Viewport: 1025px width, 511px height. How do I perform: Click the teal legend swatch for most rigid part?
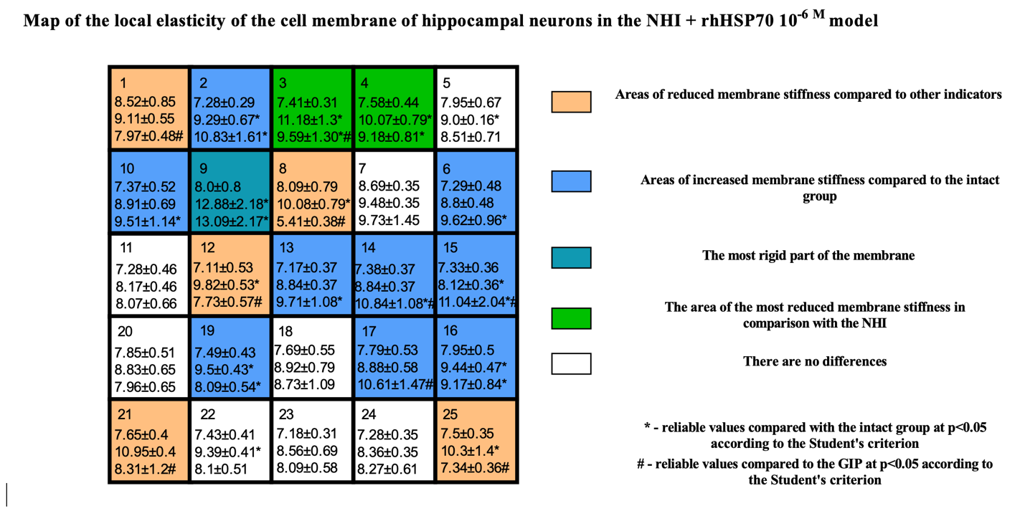point(571,258)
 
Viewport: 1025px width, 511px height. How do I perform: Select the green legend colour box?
point(571,319)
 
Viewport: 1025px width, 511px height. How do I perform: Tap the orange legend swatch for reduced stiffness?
point(571,102)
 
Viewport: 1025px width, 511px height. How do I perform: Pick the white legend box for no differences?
point(571,364)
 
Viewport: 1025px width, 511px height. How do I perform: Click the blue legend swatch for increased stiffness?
point(571,181)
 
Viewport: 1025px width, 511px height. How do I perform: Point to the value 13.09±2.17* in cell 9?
point(232,221)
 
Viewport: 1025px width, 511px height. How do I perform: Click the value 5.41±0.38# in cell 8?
point(311,221)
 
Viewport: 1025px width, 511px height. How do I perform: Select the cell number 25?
point(450,414)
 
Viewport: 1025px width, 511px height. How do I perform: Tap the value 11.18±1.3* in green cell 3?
point(310,120)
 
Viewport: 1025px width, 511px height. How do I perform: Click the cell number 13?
point(286,248)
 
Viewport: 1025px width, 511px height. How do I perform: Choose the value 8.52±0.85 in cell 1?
point(145,102)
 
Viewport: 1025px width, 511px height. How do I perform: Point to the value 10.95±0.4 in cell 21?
point(145,452)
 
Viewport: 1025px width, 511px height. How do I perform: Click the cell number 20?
point(125,331)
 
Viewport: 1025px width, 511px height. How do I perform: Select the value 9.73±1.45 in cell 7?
point(389,220)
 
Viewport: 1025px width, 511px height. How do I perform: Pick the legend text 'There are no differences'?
point(815,361)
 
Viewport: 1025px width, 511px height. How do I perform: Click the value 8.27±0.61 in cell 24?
point(387,469)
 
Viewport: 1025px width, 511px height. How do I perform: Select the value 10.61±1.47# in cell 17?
point(395,385)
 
